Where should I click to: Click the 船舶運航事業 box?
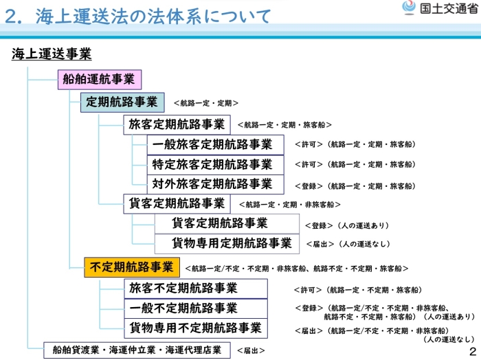click(x=98, y=80)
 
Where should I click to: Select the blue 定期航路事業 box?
click(x=122, y=102)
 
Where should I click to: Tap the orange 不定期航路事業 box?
click(x=132, y=267)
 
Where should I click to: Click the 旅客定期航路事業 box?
click(x=177, y=124)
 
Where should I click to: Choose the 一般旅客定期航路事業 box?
click(x=213, y=144)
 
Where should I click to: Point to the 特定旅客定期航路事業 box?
click(x=213, y=164)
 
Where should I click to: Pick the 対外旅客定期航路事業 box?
click(x=213, y=184)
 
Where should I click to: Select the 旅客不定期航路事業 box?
click(x=195, y=288)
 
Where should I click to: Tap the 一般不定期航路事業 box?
click(x=195, y=308)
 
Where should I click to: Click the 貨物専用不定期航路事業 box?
click(x=195, y=328)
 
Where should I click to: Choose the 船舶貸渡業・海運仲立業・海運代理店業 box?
click(x=137, y=350)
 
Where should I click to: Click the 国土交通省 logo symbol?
click(x=410, y=8)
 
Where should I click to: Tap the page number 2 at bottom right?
click(x=472, y=351)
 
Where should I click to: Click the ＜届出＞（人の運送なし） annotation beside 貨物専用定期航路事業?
click(x=348, y=244)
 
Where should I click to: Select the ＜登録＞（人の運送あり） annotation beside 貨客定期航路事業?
click(x=347, y=225)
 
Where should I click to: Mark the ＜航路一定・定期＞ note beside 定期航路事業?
click(x=206, y=103)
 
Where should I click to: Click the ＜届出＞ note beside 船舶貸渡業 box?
click(x=251, y=350)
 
